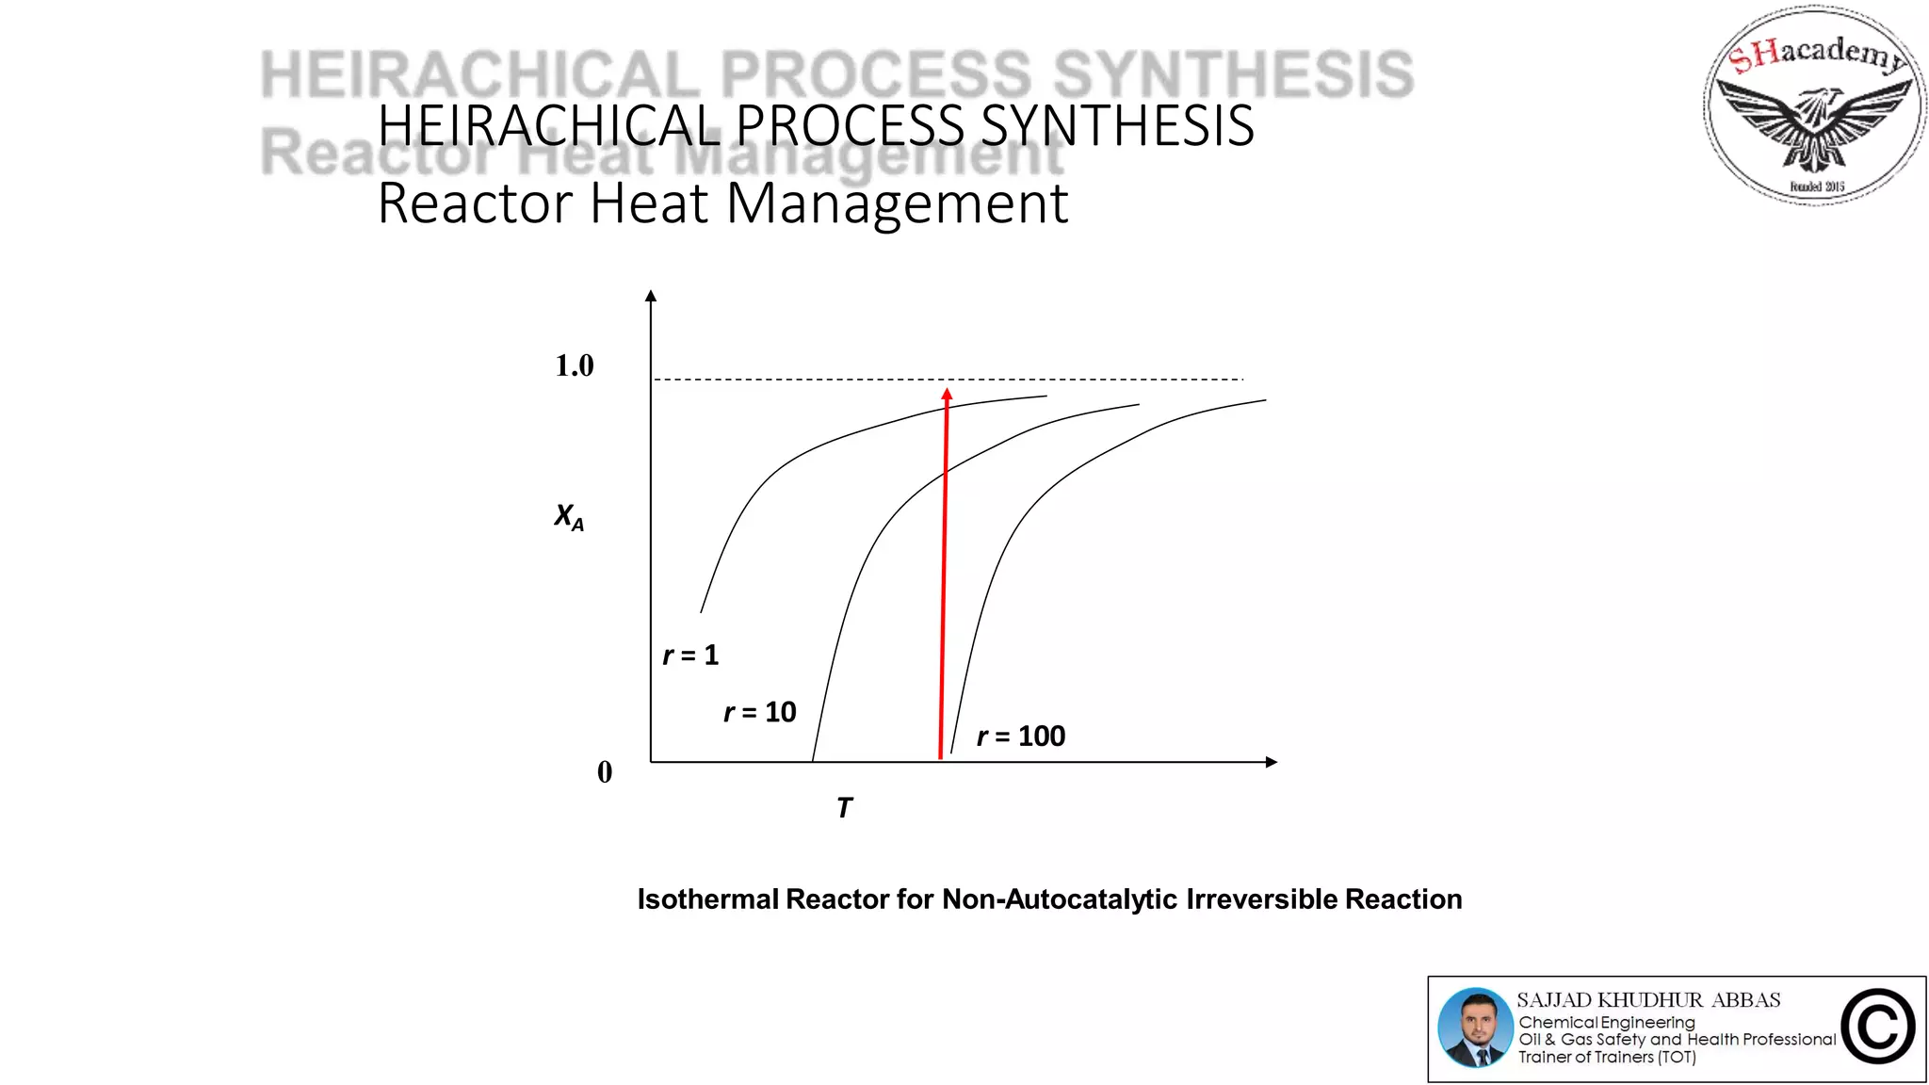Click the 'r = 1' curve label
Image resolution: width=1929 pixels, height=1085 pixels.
pos(690,655)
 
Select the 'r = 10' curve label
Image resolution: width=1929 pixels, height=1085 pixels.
pos(759,712)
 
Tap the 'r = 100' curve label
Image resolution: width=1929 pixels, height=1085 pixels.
pos(1021,736)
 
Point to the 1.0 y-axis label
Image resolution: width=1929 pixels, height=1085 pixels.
pos(574,365)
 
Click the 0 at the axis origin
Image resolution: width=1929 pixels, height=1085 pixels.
pos(605,772)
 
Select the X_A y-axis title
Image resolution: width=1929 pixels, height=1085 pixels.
pos(569,516)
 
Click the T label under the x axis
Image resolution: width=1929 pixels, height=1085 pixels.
pos(844,808)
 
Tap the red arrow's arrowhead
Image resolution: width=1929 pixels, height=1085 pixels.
pos(947,396)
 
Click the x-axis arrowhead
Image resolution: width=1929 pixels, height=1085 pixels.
pos(1271,762)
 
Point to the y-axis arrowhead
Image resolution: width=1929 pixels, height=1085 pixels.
pos(650,297)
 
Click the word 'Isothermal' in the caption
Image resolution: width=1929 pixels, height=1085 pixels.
pos(707,899)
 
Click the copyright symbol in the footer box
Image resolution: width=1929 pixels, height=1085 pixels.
pos(1877,1027)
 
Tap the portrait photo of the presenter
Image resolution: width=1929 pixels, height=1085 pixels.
pos(1475,1028)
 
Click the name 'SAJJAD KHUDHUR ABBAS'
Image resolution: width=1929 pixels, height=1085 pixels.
pos(1648,1000)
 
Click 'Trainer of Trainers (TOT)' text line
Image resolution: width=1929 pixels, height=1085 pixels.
pos(1607,1058)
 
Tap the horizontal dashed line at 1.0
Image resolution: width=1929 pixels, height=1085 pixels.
pos(1083,380)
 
